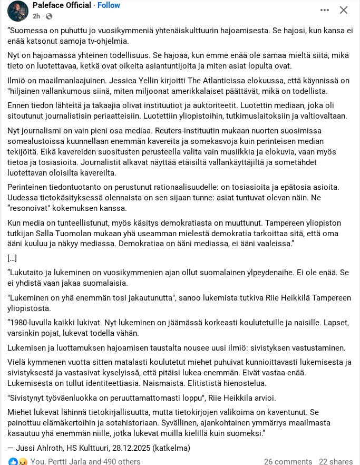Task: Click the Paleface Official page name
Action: click(62, 5)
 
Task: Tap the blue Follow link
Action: click(109, 5)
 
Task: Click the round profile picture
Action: click(18, 11)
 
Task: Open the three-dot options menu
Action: click(325, 10)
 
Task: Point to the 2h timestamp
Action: click(36, 16)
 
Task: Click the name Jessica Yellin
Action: click(141, 81)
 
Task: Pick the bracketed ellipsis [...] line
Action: click(12, 258)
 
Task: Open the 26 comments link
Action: click(288, 461)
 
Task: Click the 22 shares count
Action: click(336, 461)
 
